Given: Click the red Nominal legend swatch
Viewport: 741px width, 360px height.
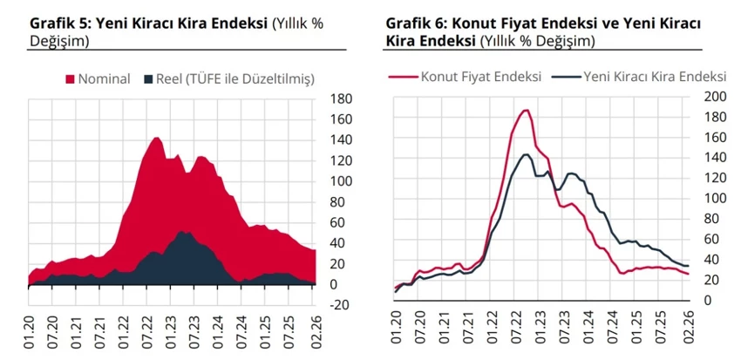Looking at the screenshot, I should (70, 79).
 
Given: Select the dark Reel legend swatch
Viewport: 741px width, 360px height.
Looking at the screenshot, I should (147, 79).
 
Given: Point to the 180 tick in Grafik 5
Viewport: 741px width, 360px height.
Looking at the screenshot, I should (341, 98).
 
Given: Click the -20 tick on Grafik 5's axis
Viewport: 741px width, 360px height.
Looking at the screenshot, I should (340, 304).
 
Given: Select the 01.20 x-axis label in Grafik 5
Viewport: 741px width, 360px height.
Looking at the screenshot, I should (33, 335).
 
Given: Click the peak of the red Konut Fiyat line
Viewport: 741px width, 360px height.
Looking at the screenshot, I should (525, 111).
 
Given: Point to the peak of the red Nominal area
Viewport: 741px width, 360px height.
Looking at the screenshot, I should (156, 138).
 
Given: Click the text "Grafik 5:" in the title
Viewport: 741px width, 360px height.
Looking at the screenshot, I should (59, 23).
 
